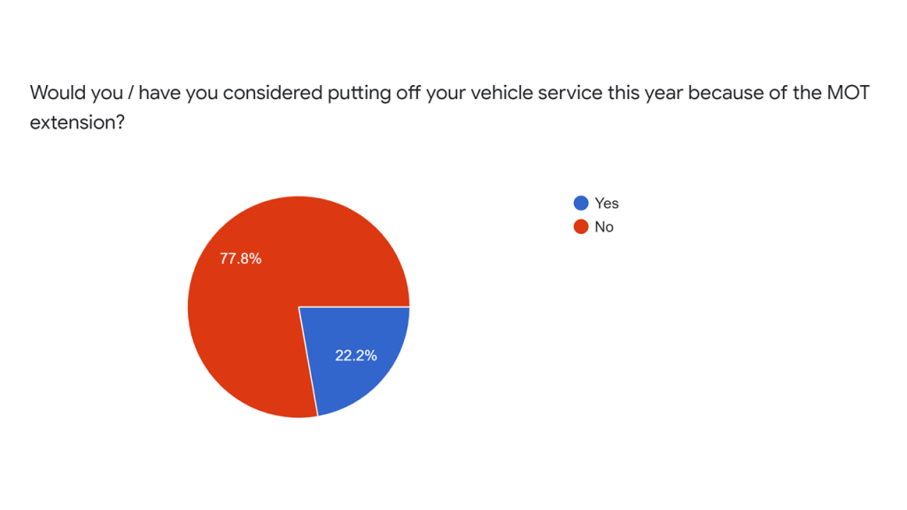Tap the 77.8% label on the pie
pyautogui.click(x=240, y=259)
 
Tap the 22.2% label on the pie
pyautogui.click(x=356, y=355)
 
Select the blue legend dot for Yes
pyautogui.click(x=581, y=204)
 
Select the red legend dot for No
pyautogui.click(x=581, y=227)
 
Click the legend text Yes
pyautogui.click(x=607, y=204)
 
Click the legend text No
pyautogui.click(x=604, y=227)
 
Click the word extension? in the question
pyautogui.click(x=76, y=122)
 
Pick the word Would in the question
pyautogui.click(x=54, y=93)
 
